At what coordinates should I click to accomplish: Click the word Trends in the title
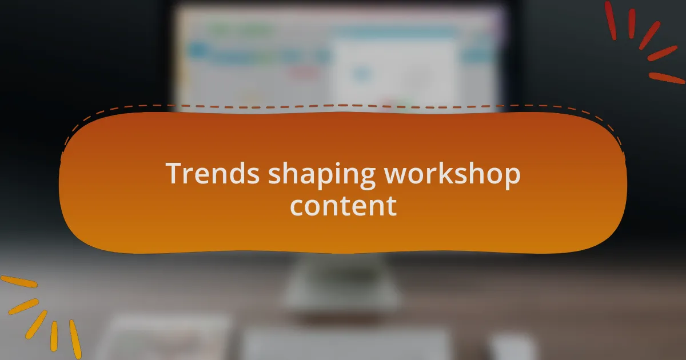point(213,173)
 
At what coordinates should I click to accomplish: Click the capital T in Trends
point(174,173)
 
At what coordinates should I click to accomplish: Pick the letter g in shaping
point(366,178)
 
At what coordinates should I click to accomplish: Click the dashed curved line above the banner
point(343,106)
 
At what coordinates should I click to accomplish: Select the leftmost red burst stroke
point(611,20)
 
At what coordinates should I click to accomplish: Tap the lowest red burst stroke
point(667,78)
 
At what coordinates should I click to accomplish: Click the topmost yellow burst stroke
point(19,282)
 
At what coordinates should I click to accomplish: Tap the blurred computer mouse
point(513,347)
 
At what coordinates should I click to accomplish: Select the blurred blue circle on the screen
point(361,74)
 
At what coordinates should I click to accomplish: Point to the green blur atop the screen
point(242,30)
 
